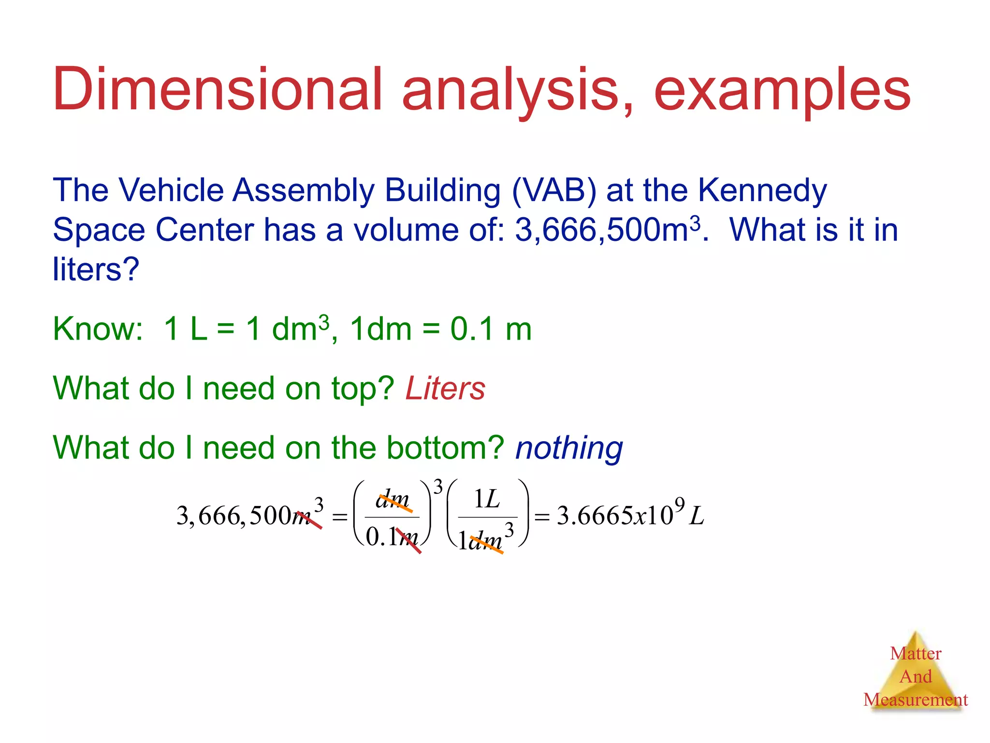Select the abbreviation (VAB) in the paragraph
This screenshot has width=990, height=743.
point(554,191)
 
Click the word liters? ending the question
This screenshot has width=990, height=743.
point(96,269)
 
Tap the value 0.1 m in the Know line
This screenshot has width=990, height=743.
point(491,329)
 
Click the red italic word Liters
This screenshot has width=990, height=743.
point(445,389)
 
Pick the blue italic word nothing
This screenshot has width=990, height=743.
point(569,448)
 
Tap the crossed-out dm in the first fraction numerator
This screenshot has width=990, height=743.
point(393,500)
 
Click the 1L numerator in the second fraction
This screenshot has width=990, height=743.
point(487,499)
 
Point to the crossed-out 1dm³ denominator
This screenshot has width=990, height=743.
point(483,539)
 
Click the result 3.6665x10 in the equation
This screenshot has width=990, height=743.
point(614,516)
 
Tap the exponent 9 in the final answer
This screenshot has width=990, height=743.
point(680,505)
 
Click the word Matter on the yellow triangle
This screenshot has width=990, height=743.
point(916,654)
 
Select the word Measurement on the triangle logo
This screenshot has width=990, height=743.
point(916,700)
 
